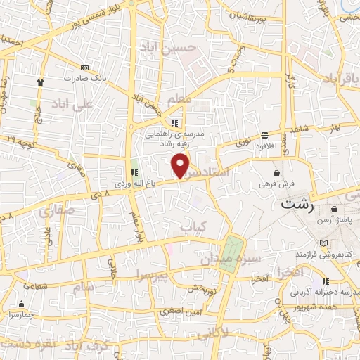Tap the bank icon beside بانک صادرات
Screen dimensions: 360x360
tap(86, 67)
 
